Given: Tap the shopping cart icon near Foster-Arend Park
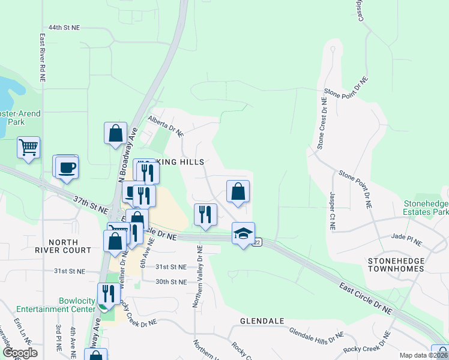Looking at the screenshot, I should tap(29, 147).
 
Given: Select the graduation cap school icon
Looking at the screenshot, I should tap(243, 233).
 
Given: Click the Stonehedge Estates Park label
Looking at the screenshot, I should tap(426, 208).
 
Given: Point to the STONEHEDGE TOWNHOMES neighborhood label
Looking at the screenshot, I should tap(396, 265).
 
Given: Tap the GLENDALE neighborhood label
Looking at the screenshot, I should tap(262, 321).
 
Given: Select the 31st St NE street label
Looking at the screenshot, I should tap(70, 271).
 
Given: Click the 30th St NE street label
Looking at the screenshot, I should tap(171, 281).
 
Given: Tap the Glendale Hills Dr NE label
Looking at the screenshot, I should tap(316, 336).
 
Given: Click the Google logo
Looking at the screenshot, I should tap(20, 353).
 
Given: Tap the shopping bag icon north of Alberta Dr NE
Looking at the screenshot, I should tap(115, 133).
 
